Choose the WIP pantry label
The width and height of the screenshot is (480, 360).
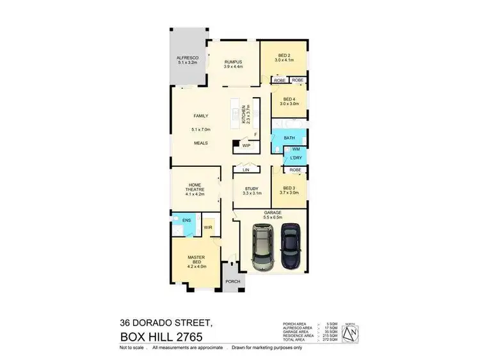tap(246, 146)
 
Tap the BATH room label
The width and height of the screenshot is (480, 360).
tap(289, 138)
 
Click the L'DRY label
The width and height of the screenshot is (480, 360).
tap(295, 158)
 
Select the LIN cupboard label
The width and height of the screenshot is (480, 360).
tap(246, 169)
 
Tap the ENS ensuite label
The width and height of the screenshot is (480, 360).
tap(186, 221)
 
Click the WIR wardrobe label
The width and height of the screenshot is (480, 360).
tap(208, 226)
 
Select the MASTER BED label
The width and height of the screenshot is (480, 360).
tap(196, 258)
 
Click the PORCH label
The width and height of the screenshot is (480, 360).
tap(232, 281)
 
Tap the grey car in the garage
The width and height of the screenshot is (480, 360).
tap(262, 247)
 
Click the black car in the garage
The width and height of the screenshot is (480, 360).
tap(290, 244)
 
